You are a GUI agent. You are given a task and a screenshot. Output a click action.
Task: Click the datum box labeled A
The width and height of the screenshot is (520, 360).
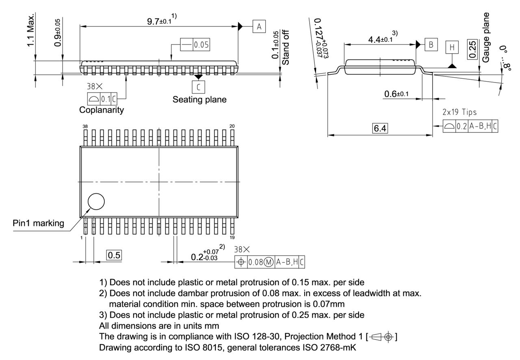click(x=259, y=27)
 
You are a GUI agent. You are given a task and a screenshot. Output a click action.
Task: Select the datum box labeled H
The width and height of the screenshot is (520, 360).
click(x=451, y=48)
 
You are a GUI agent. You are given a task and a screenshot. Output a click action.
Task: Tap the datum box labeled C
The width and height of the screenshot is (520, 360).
click(x=199, y=87)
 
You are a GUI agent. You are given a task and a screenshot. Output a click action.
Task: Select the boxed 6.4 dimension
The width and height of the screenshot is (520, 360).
click(x=381, y=128)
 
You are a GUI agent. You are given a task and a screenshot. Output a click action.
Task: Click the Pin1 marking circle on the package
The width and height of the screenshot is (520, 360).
click(x=96, y=201)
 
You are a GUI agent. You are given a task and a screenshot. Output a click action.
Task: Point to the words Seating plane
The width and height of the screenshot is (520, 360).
click(x=199, y=100)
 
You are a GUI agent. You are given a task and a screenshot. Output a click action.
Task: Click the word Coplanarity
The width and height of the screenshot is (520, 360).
click(x=102, y=110)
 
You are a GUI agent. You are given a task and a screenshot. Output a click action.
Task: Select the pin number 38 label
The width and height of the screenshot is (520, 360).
click(x=85, y=126)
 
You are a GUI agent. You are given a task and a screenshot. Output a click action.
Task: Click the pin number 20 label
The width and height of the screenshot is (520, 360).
click(x=232, y=126)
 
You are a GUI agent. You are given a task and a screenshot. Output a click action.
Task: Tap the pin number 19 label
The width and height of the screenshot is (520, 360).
click(x=232, y=237)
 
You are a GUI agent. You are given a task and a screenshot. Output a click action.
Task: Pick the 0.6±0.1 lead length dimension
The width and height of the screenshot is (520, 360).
click(x=396, y=94)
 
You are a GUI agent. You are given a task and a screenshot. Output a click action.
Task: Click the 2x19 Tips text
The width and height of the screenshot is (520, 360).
click(x=459, y=112)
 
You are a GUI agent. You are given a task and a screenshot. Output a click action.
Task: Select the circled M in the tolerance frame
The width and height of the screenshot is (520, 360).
click(x=269, y=262)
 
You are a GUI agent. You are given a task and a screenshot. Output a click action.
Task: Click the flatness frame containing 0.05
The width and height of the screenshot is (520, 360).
click(x=196, y=45)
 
